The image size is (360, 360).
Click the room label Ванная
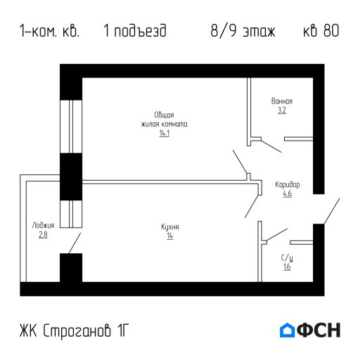[282, 101]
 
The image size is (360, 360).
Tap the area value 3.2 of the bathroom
[282, 110]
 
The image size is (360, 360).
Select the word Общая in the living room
[164, 115]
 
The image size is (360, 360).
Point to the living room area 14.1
[165, 133]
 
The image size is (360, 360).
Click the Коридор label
[288, 185]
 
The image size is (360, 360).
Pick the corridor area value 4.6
[288, 193]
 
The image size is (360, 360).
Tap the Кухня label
[170, 227]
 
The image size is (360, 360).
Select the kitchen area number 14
[170, 236]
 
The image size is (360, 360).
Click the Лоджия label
[43, 226]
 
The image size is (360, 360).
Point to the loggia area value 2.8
[43, 235]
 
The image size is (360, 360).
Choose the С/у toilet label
[287, 258]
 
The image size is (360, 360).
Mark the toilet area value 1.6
[287, 266]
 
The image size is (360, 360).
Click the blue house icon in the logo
[287, 330]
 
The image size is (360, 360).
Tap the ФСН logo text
[319, 330]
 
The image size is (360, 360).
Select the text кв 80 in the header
[321, 31]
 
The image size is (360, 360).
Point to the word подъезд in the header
[140, 31]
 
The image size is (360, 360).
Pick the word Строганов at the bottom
[77, 330]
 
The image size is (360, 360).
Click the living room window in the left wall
[71, 127]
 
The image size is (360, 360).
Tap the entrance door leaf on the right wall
[332, 211]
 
